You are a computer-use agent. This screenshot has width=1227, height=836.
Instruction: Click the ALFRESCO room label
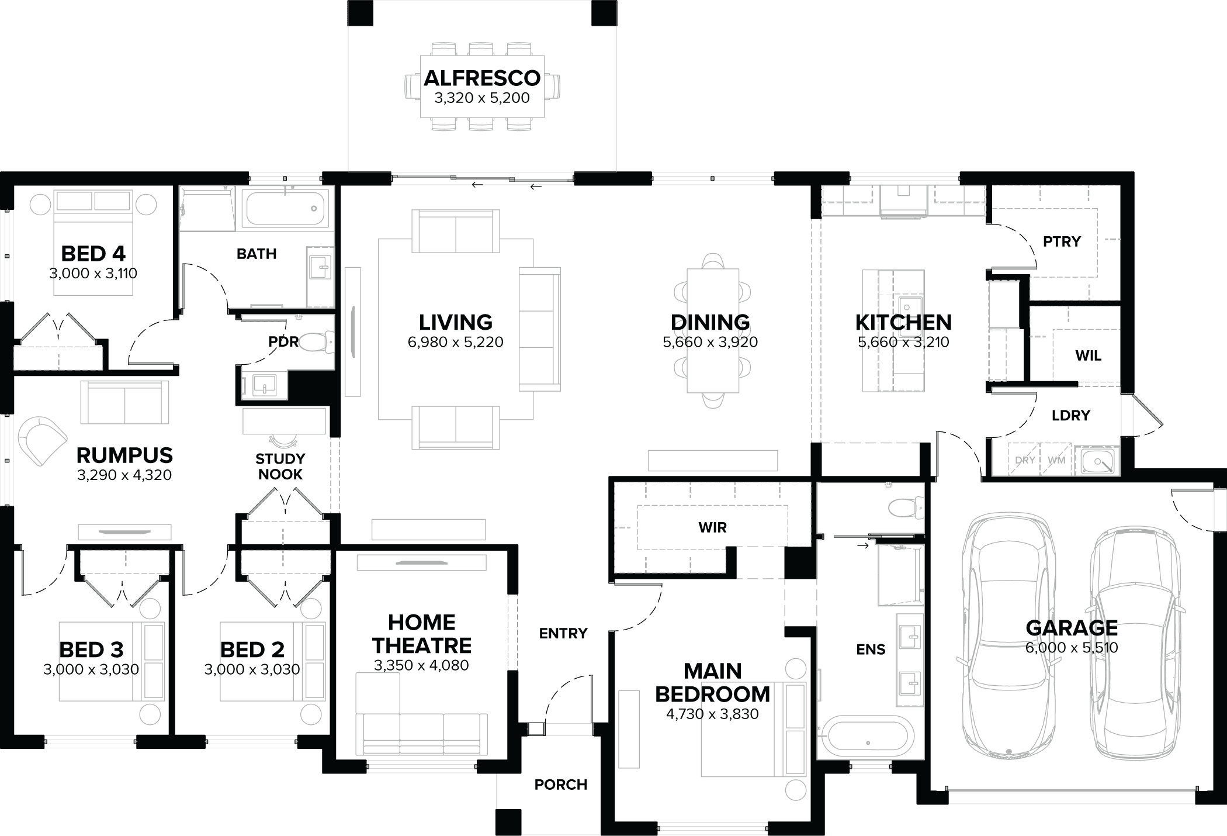482,78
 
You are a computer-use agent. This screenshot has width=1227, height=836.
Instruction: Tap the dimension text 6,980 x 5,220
455,343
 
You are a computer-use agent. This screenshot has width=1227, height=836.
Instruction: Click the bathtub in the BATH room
285,209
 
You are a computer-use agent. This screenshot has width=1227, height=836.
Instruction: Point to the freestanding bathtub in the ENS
866,741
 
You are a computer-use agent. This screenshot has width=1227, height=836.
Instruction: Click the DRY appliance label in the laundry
1025,460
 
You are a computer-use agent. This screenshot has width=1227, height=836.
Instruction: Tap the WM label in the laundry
1056,460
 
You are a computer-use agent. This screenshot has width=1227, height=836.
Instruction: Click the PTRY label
1062,241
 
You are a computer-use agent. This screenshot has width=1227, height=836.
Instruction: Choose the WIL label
1088,355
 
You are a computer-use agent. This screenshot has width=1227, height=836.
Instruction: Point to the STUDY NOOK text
280,467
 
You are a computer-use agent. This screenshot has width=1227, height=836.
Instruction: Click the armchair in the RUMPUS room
42,441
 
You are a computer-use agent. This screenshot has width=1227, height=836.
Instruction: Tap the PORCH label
560,785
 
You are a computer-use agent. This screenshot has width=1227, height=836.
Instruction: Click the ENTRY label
563,633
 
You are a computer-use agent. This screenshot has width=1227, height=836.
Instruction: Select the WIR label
712,527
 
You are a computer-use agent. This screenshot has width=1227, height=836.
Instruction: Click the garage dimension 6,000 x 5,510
1071,648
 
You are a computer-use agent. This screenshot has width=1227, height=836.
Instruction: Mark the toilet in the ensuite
904,507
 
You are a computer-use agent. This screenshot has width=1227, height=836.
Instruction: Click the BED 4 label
93,254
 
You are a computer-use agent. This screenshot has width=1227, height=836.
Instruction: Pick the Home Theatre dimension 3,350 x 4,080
421,665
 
